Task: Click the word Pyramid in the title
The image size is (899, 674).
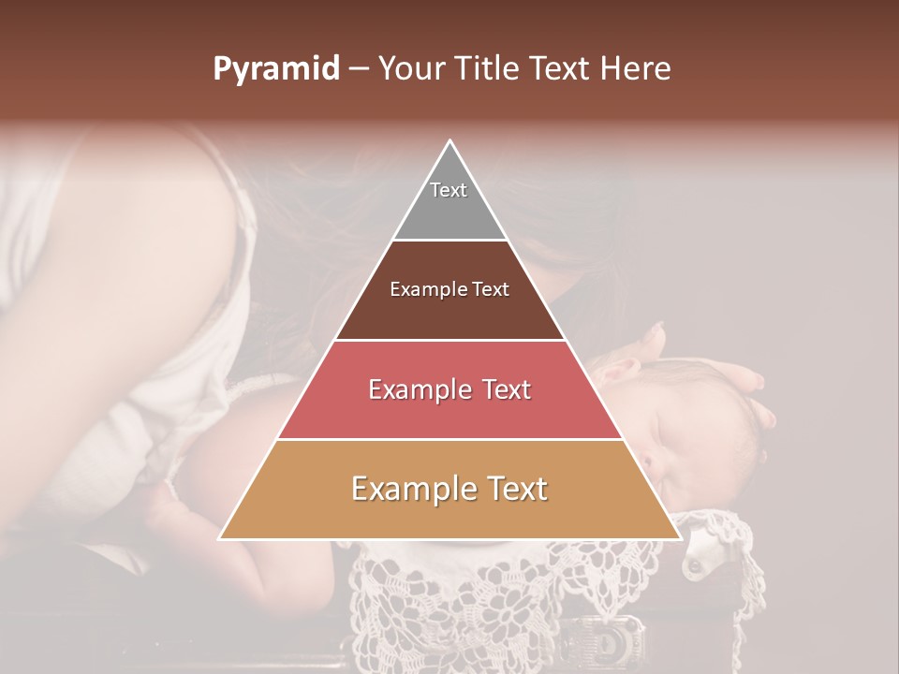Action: tap(276, 69)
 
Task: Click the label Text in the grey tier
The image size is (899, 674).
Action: tap(449, 190)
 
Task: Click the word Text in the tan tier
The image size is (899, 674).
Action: tap(513, 489)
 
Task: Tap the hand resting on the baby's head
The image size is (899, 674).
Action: tap(740, 384)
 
